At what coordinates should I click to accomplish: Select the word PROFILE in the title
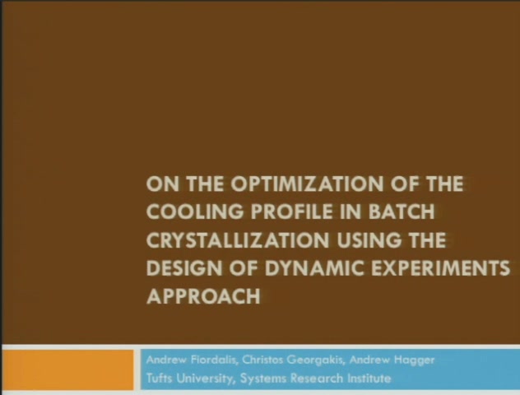[291, 211]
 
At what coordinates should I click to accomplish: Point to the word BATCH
[402, 211]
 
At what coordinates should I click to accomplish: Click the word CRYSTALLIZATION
[237, 239]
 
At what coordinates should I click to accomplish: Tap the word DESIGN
[184, 268]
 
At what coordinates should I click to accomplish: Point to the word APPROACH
[203, 296]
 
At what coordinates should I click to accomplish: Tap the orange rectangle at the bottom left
[67, 369]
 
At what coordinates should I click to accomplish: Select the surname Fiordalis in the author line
[214, 360]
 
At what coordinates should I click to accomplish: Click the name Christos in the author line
[262, 360]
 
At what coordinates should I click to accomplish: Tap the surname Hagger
[414, 360]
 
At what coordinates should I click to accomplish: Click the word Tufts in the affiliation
[159, 378]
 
